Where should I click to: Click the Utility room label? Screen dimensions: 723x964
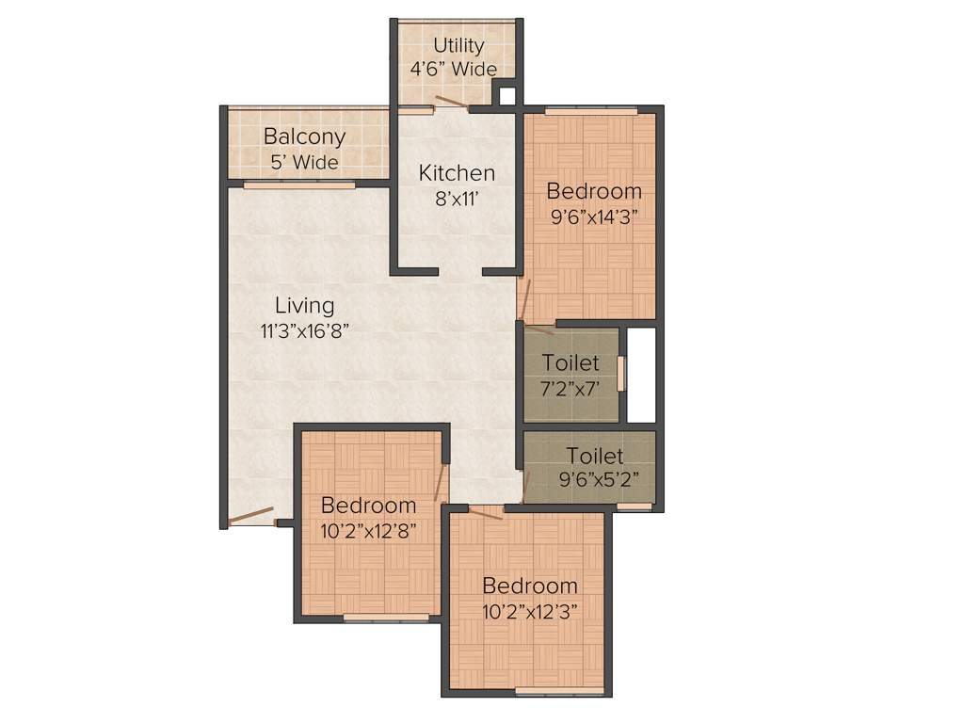[458, 45]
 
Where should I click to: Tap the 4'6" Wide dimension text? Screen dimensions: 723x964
[454, 69]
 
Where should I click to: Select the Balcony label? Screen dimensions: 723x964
[304, 137]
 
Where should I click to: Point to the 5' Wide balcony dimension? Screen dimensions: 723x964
[304, 162]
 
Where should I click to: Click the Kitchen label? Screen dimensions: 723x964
[457, 173]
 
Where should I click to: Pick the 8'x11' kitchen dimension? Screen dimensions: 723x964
[457, 199]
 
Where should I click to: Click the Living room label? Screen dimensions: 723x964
[304, 305]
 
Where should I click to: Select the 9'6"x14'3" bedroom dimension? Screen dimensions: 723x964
[595, 215]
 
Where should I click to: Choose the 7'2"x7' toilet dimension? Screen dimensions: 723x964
[570, 387]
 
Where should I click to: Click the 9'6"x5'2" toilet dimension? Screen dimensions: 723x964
[594, 478]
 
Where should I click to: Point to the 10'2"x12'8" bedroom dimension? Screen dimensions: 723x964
[369, 530]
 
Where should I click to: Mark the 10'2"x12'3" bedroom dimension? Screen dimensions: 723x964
[529, 610]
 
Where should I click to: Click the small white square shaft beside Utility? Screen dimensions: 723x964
[507, 95]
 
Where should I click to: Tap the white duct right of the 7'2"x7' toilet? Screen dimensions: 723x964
[641, 375]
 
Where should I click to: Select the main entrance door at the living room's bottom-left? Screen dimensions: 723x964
[252, 516]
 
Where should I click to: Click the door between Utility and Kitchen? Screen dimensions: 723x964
[450, 104]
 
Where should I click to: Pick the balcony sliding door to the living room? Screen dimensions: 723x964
[299, 185]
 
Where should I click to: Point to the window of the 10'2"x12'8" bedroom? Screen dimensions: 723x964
[386, 618]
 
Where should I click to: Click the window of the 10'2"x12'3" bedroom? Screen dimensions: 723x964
[560, 692]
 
